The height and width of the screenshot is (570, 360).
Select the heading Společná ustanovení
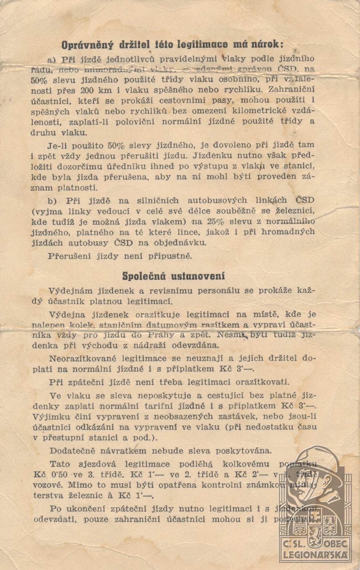coord(174,276)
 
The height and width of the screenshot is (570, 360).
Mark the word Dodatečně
coord(73,451)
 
